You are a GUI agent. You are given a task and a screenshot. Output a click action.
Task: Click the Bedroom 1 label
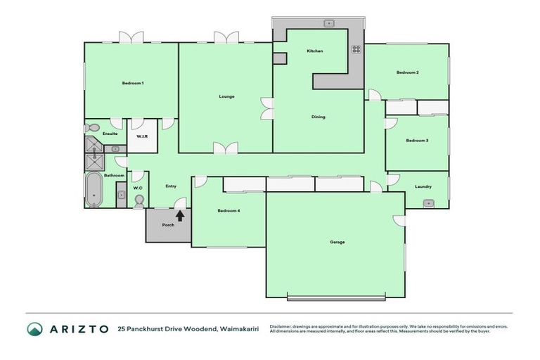click(x=132, y=83)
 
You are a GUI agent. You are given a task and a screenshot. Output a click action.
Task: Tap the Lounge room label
click(x=226, y=96)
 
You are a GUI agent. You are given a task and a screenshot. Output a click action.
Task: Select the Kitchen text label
click(x=314, y=51)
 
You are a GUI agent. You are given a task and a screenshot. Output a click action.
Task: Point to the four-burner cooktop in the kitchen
click(x=356, y=49)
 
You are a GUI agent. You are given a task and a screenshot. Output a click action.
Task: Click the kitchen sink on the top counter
click(x=328, y=23)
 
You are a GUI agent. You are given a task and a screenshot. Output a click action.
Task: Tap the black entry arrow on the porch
click(x=180, y=215)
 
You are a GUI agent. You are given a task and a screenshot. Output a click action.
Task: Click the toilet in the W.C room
click(x=139, y=201)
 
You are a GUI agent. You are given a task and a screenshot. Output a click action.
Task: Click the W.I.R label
click(x=141, y=136)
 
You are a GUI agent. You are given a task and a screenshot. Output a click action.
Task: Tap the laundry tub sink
click(x=428, y=203)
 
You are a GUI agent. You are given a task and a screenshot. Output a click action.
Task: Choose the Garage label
click(x=337, y=242)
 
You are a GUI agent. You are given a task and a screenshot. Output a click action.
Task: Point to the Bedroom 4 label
click(x=229, y=211)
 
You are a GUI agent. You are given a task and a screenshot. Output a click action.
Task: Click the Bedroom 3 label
click(x=416, y=141)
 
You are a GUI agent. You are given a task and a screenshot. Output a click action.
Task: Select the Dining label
click(x=318, y=117)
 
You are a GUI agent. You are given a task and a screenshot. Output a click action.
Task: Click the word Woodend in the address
click(x=193, y=329)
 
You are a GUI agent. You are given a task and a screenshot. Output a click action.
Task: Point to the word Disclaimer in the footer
click(x=281, y=326)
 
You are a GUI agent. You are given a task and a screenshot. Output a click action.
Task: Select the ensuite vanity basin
click(x=115, y=149)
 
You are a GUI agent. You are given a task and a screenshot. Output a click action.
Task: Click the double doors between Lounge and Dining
click(x=266, y=108)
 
